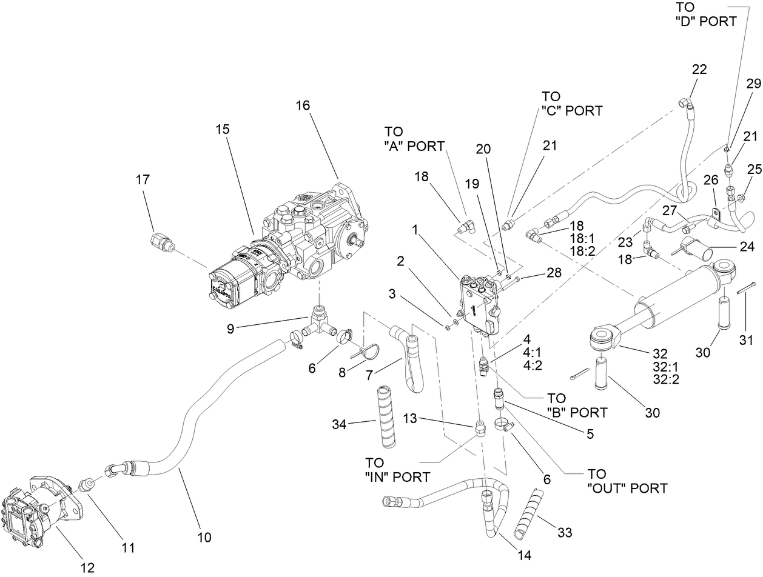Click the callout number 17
(x=143, y=179)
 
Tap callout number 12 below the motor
(x=87, y=567)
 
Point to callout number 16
(x=303, y=105)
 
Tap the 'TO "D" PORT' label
(x=705, y=14)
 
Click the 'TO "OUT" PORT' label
(x=627, y=481)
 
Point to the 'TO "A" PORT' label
(x=414, y=138)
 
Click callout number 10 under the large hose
(x=204, y=536)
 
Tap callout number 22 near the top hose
(x=699, y=69)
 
